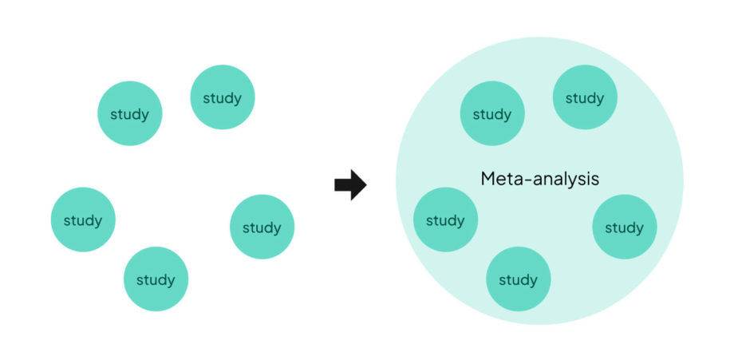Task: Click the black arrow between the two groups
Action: click(349, 185)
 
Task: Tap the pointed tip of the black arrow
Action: click(365, 185)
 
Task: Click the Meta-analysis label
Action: click(539, 179)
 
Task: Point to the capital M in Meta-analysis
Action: click(488, 179)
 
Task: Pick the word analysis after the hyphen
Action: click(565, 180)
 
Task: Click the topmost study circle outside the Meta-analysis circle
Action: click(223, 97)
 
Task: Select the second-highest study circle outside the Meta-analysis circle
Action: click(130, 113)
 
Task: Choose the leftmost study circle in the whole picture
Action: click(83, 220)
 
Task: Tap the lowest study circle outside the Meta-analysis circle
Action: click(156, 279)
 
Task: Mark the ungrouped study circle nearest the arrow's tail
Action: click(262, 227)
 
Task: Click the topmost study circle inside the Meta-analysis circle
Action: click(585, 97)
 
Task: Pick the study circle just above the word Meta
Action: click(492, 113)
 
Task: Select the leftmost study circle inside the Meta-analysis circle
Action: click(445, 220)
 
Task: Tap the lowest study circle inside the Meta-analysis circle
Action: click(518, 279)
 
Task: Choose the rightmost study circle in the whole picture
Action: click(624, 227)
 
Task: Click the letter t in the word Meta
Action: click(507, 179)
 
